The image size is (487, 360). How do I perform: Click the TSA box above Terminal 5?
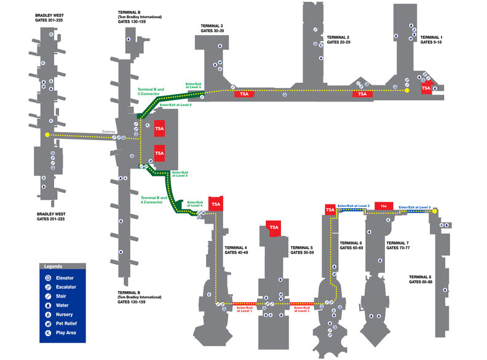pyautogui.click(x=274, y=227)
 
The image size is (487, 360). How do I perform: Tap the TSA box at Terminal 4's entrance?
pyautogui.click(x=216, y=204)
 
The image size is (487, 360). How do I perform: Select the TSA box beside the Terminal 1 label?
pyautogui.click(x=426, y=88)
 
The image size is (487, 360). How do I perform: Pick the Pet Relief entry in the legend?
pyautogui.click(x=65, y=323)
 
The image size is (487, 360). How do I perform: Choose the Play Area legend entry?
pyautogui.click(x=65, y=332)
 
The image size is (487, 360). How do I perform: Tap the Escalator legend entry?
pyautogui.click(x=65, y=287)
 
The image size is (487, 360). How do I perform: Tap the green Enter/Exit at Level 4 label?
pyautogui.click(x=195, y=203)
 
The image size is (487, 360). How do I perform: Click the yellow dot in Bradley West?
pyautogui.click(x=47, y=135)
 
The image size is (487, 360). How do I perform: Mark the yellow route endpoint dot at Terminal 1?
pyautogui.click(x=406, y=90)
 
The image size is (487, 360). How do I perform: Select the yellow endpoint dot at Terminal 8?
pyautogui.click(x=435, y=211)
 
